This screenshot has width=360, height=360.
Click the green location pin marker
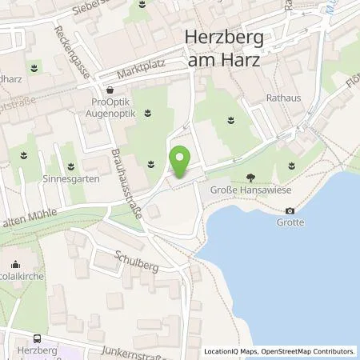pos(181,163)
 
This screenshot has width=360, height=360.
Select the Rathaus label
pos(282,97)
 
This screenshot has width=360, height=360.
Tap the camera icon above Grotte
pos(290,210)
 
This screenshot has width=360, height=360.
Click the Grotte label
pos(290,222)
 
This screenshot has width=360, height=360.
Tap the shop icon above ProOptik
pos(110,91)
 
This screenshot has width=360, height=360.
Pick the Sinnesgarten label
pos(73,179)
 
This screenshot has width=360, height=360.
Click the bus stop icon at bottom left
pos(38,338)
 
